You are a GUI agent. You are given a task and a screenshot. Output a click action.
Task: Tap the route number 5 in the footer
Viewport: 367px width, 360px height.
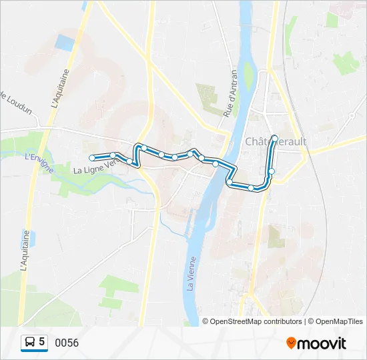pyautogui.click(x=42, y=342)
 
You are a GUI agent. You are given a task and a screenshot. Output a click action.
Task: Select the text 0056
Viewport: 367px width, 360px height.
pyautogui.click(x=67, y=343)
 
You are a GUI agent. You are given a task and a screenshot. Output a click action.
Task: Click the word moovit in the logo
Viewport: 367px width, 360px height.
pyautogui.click(x=322, y=343)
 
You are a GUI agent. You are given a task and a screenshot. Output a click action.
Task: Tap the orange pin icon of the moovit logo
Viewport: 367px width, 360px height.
pyautogui.click(x=292, y=343)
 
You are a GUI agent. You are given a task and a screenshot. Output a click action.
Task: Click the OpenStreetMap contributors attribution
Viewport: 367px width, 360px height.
pyautogui.click(x=254, y=321)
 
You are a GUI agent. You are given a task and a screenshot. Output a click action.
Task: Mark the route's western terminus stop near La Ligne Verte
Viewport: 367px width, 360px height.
pyautogui.click(x=91, y=158)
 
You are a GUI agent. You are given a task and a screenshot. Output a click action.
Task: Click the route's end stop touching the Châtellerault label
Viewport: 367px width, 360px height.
pyautogui.click(x=274, y=138)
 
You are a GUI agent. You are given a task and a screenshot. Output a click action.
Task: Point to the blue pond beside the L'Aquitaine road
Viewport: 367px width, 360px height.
pyautogui.click(x=65, y=43)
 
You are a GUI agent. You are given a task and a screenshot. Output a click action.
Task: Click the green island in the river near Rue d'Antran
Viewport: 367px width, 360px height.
pyautogui.click(x=249, y=77)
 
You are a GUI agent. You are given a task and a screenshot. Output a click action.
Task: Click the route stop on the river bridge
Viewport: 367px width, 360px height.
pyautogui.click(x=216, y=163)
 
